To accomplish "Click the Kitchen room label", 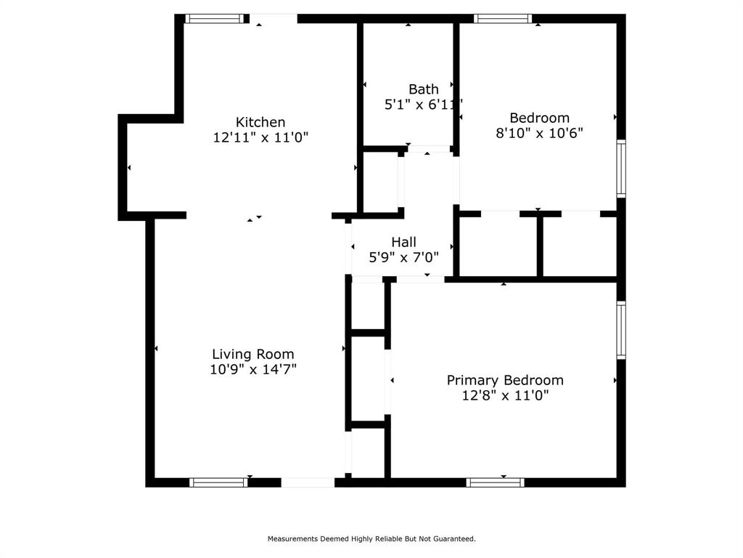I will pyautogui.click(x=260, y=122).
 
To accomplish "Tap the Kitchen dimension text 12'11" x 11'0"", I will pyautogui.click(x=260, y=137).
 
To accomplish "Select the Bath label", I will pyautogui.click(x=423, y=89).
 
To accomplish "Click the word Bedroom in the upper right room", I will pyautogui.click(x=539, y=118).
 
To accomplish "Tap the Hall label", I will pyautogui.click(x=403, y=242).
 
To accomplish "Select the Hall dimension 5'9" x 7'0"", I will pyautogui.click(x=403, y=257).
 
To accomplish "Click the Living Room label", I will pyautogui.click(x=253, y=355).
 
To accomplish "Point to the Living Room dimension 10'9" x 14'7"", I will pyautogui.click(x=253, y=370).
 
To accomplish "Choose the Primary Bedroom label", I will pyautogui.click(x=505, y=380).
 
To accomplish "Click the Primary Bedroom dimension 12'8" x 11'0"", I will pyautogui.click(x=505, y=396).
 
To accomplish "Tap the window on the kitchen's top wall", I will pyautogui.click(x=214, y=19).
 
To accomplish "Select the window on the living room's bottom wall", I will pyautogui.click(x=218, y=482).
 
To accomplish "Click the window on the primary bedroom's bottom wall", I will pyautogui.click(x=495, y=482).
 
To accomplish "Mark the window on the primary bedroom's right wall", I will pyautogui.click(x=621, y=330).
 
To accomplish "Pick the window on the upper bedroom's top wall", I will pyautogui.click(x=503, y=19).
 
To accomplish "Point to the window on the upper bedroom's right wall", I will pyautogui.click(x=621, y=169).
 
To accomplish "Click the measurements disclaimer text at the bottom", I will pyautogui.click(x=371, y=539).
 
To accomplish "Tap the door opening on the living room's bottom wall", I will pyautogui.click(x=308, y=482).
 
